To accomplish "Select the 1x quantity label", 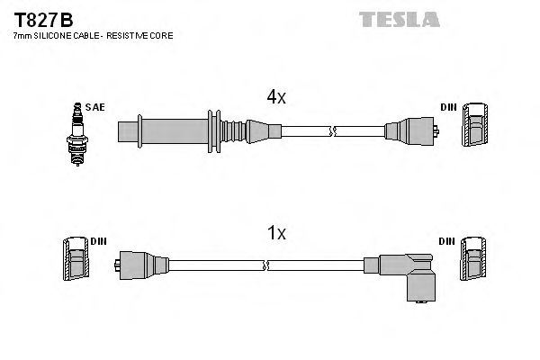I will click(276, 233).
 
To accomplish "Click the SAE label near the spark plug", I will click(96, 107).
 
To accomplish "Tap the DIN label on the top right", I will click(448, 107).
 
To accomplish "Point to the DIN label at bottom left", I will click(99, 242).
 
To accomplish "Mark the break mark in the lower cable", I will click(266, 265).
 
